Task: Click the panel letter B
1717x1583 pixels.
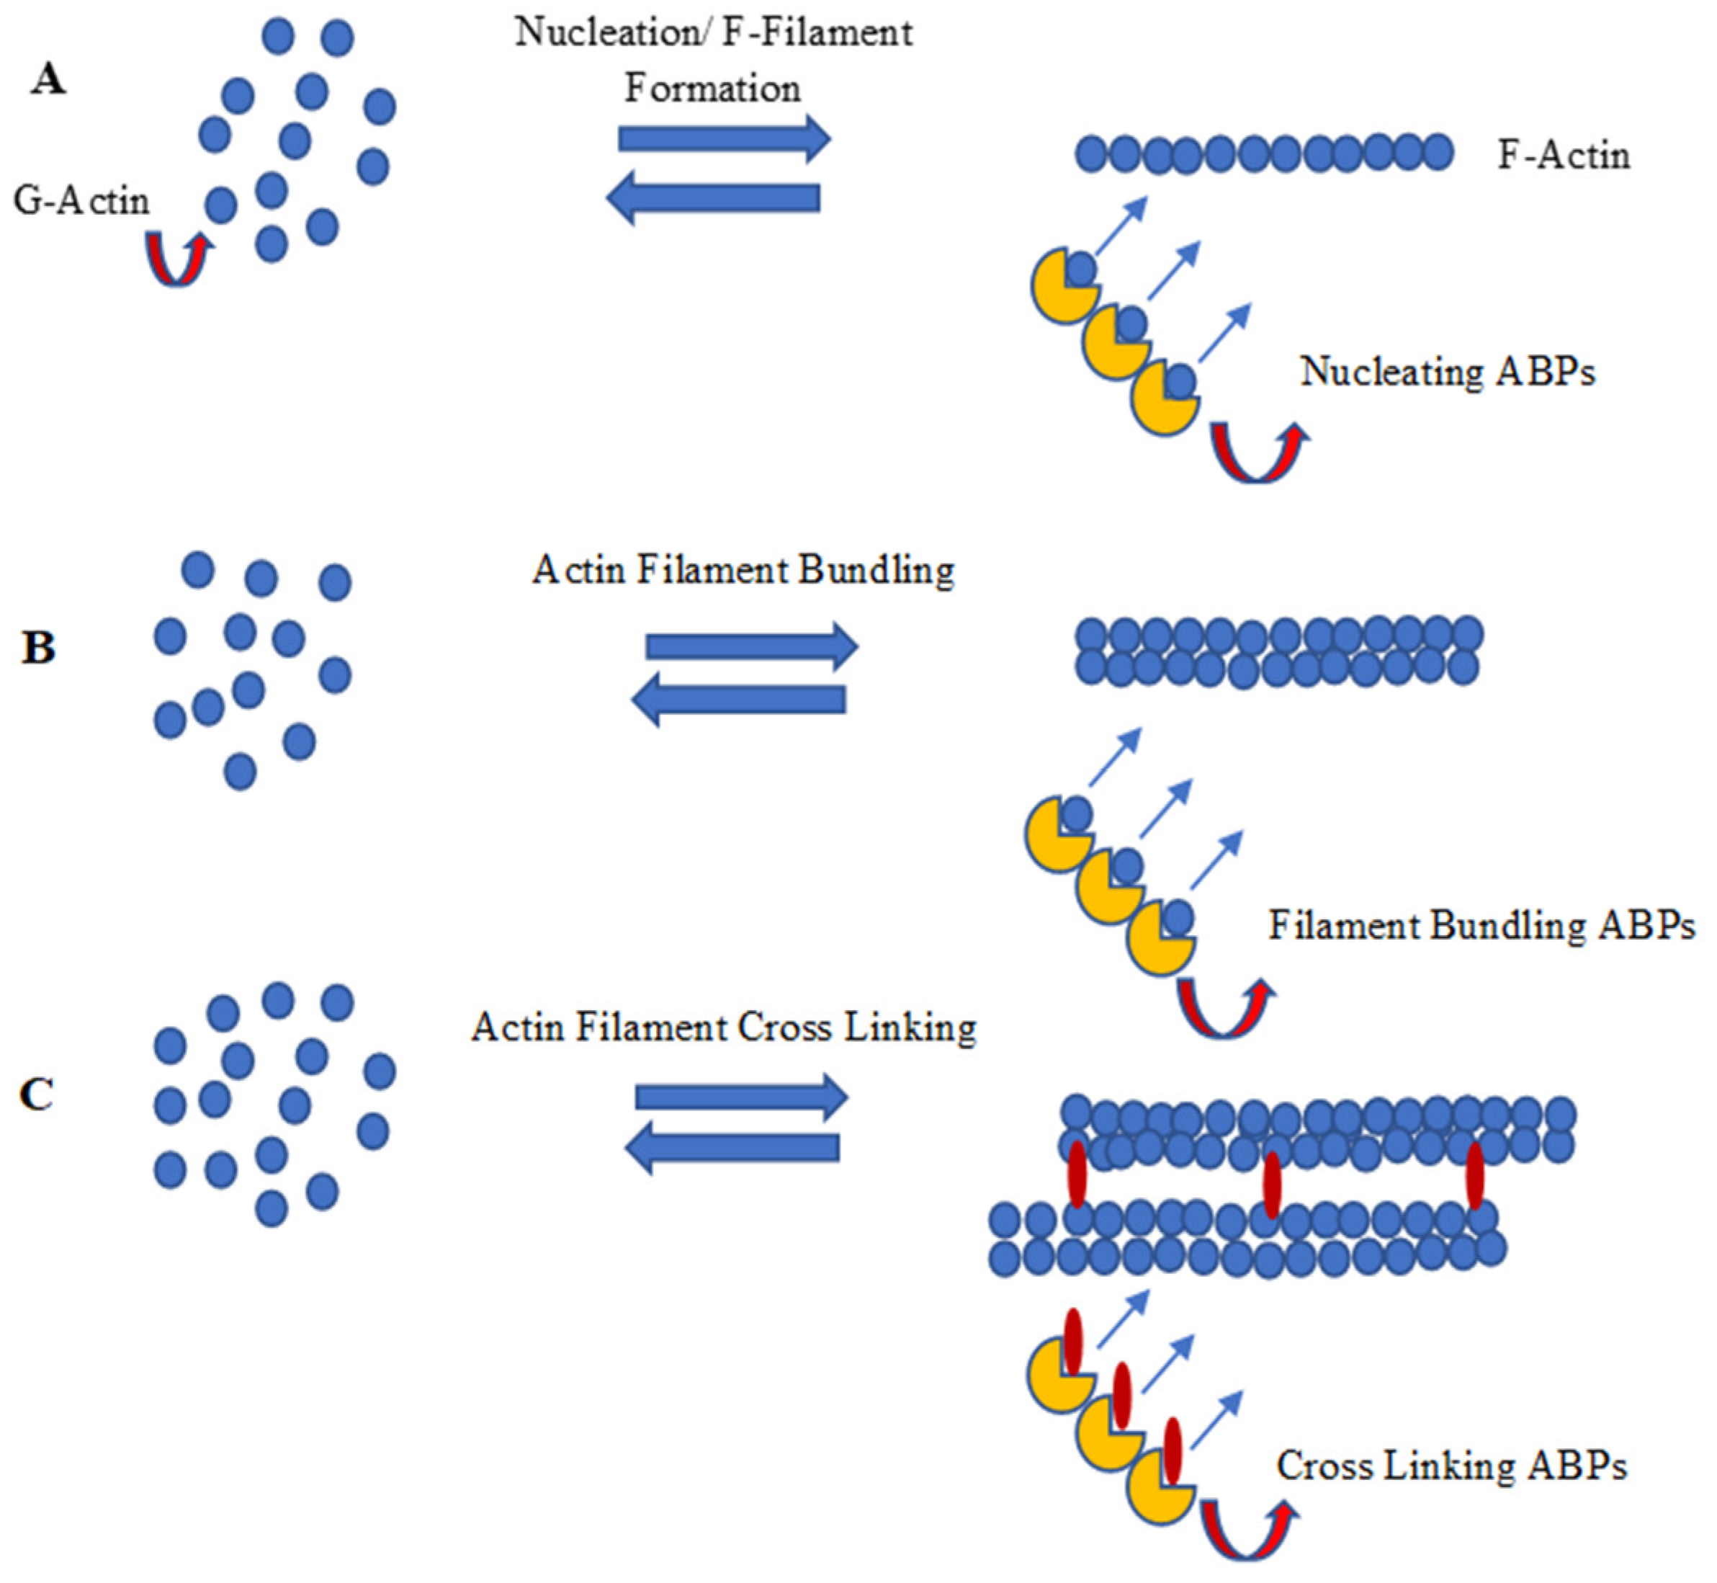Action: click(39, 648)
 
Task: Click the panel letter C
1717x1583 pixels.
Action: click(37, 1094)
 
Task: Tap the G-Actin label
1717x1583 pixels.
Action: click(81, 201)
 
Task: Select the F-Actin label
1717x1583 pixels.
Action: click(1563, 156)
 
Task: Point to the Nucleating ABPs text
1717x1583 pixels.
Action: click(1447, 372)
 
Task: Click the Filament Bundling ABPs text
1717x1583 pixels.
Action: click(1481, 926)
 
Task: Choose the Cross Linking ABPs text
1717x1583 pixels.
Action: click(1451, 1466)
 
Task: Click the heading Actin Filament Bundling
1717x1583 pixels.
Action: click(743, 571)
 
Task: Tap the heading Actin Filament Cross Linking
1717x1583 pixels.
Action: click(724, 1027)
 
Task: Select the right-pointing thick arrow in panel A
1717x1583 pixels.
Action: click(725, 138)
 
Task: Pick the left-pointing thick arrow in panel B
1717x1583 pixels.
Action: click(738, 700)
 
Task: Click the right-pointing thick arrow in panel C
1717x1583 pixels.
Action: click(742, 1097)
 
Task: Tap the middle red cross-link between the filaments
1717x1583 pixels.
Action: click(1272, 1185)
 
